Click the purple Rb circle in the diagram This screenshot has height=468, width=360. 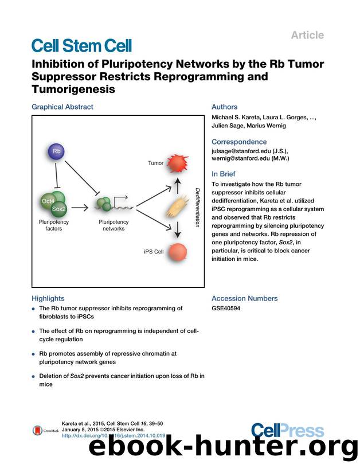point(56,152)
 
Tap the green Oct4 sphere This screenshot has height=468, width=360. point(48,201)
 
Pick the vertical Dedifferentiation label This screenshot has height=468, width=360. point(197,207)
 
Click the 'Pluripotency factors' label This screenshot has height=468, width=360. point(54,224)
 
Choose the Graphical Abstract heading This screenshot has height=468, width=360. point(62,107)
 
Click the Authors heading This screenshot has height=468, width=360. point(224,107)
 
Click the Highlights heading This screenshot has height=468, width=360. point(48,298)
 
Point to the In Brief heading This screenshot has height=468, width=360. point(224,174)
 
